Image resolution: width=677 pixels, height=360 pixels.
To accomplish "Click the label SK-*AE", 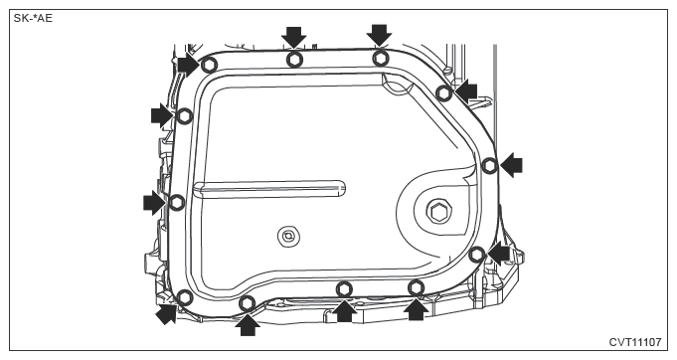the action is pyautogui.click(x=33, y=18).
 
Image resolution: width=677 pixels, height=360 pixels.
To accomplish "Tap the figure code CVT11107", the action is pyautogui.click(x=635, y=342).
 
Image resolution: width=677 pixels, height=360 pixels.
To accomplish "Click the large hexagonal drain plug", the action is pyautogui.click(x=439, y=212).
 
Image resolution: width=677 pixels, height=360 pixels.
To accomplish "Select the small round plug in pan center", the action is pyautogui.click(x=288, y=237).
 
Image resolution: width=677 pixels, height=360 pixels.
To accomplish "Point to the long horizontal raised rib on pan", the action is pyautogui.click(x=269, y=188).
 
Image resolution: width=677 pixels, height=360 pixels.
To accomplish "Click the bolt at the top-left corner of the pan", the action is pyautogui.click(x=210, y=66).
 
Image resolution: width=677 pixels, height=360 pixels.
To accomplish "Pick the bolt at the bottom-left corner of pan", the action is pyautogui.click(x=185, y=297).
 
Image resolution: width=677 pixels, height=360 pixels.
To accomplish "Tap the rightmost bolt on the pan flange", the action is pyautogui.click(x=490, y=165).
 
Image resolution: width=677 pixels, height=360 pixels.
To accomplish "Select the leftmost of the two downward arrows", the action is pyautogui.click(x=294, y=37).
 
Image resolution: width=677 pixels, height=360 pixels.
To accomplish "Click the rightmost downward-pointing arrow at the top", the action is pyautogui.click(x=380, y=35).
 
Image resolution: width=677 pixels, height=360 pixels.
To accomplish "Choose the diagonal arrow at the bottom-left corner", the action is pyautogui.click(x=167, y=313).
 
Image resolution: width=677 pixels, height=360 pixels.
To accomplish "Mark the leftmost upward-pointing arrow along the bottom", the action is pyautogui.click(x=248, y=324).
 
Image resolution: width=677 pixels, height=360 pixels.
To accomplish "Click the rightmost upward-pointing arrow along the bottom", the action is pyautogui.click(x=416, y=309).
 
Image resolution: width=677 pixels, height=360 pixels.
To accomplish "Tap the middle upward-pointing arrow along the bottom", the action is pyautogui.click(x=344, y=310).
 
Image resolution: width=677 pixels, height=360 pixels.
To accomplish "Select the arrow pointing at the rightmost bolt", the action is pyautogui.click(x=511, y=165).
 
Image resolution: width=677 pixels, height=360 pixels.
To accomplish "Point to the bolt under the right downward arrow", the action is pyautogui.click(x=381, y=58).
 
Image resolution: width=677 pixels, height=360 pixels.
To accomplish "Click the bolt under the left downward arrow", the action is pyautogui.click(x=294, y=59).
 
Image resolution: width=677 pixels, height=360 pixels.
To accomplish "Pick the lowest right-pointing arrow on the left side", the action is pyautogui.click(x=154, y=203).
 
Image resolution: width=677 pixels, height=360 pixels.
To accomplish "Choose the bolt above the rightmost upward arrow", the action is pyautogui.click(x=417, y=287).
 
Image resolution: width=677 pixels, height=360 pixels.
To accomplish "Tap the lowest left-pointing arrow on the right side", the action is pyautogui.click(x=499, y=254).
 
